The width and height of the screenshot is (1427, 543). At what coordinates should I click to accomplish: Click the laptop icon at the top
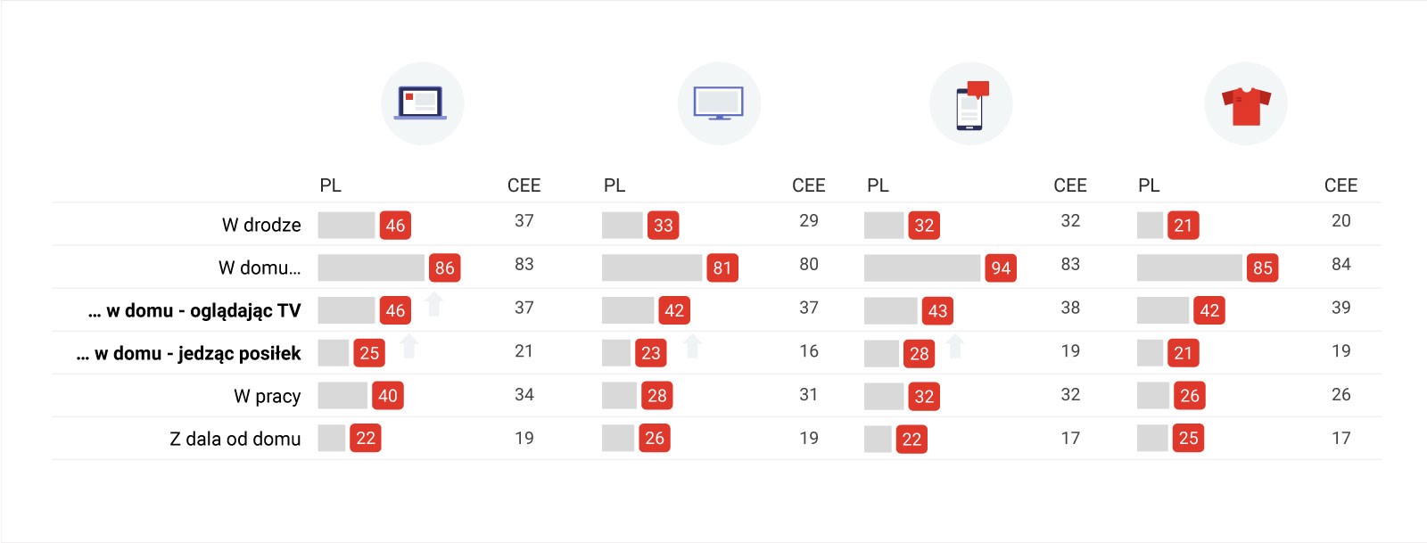(x=422, y=103)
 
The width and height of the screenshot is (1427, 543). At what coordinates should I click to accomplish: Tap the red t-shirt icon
(x=1246, y=104)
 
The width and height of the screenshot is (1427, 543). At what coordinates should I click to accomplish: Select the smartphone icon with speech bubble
(x=971, y=104)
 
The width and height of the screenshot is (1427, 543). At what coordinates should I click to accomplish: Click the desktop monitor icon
(x=719, y=103)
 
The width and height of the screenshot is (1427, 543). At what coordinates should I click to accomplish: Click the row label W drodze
(x=261, y=225)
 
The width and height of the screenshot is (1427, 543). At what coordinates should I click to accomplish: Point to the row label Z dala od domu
(x=235, y=439)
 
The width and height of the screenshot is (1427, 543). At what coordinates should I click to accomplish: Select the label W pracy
(x=268, y=396)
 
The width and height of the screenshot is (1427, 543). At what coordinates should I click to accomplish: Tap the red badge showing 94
(x=1001, y=268)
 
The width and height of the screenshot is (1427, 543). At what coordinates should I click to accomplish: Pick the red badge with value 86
(x=444, y=268)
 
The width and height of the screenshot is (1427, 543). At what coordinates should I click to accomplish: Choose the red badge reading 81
(x=722, y=268)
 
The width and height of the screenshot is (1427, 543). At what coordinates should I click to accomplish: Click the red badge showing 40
(x=387, y=396)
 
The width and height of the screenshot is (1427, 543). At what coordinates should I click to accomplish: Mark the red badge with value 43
(x=937, y=311)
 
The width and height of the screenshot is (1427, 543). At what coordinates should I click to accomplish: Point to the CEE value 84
(x=1340, y=264)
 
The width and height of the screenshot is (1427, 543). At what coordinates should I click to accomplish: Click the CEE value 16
(x=808, y=351)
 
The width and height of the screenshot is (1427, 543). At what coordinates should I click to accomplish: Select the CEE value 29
(x=808, y=220)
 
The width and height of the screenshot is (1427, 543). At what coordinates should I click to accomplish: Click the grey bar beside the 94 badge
(x=922, y=268)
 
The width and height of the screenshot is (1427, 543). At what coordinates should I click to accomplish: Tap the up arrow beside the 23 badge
(x=692, y=346)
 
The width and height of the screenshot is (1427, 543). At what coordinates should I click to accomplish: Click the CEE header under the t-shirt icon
(x=1340, y=185)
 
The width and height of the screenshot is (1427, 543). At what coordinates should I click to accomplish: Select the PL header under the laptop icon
(x=330, y=185)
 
